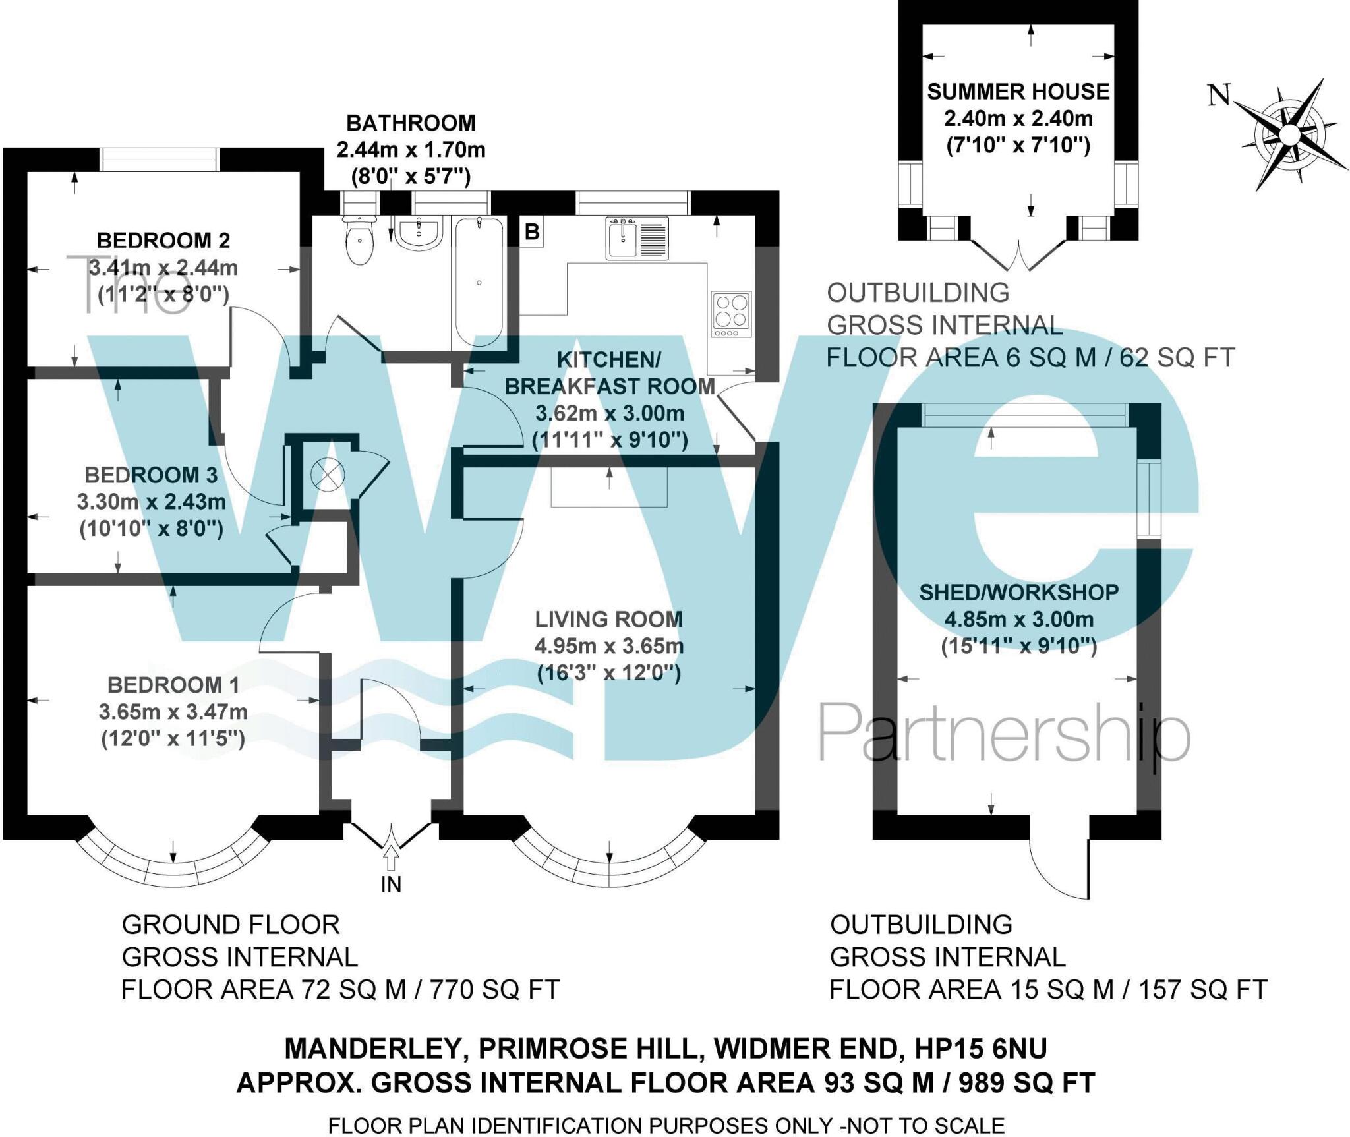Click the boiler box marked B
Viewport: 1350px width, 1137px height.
pyautogui.click(x=532, y=232)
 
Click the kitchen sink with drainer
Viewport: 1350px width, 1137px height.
pyautogui.click(x=637, y=237)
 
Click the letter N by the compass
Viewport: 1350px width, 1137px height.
pyautogui.click(x=1219, y=95)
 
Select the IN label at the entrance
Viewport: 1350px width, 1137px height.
pyautogui.click(x=391, y=885)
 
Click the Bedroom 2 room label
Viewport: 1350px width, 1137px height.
pyautogui.click(x=163, y=241)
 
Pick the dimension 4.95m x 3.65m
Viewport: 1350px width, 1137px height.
pyautogui.click(x=608, y=646)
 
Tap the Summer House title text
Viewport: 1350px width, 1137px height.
pyautogui.click(x=1018, y=92)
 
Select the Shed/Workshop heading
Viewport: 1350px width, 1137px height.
pyautogui.click(x=1018, y=593)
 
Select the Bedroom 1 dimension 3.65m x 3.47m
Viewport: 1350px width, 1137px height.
pyautogui.click(x=173, y=712)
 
